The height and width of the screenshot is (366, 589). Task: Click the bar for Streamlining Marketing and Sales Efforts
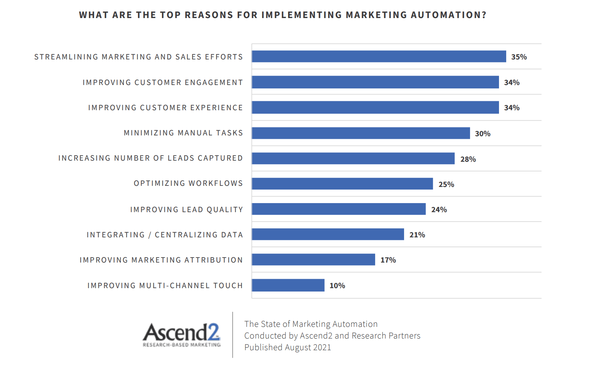tap(378, 56)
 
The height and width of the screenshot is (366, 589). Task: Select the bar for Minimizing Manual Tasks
tap(361, 133)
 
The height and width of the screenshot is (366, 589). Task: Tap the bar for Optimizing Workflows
tap(342, 184)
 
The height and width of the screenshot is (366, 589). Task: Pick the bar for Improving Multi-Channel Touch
tap(288, 285)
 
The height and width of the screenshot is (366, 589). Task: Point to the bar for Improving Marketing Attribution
tap(313, 260)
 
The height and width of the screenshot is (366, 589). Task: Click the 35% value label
tap(519, 57)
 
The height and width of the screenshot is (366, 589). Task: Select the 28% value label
tap(468, 159)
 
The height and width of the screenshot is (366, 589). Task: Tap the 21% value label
tap(417, 235)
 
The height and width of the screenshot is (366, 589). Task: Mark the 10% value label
tap(337, 286)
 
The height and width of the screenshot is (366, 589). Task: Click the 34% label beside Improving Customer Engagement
tap(511, 82)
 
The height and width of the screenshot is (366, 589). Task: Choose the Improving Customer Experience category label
tap(165, 108)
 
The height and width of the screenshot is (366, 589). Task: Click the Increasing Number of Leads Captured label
tap(150, 158)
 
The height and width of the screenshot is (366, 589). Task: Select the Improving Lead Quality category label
tap(186, 210)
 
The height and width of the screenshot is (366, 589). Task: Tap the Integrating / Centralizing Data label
tap(165, 235)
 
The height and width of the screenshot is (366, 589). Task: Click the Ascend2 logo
tap(181, 332)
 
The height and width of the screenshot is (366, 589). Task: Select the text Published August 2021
tap(287, 347)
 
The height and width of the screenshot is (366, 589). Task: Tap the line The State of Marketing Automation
tap(311, 324)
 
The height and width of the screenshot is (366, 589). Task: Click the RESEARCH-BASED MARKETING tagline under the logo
tap(182, 345)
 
